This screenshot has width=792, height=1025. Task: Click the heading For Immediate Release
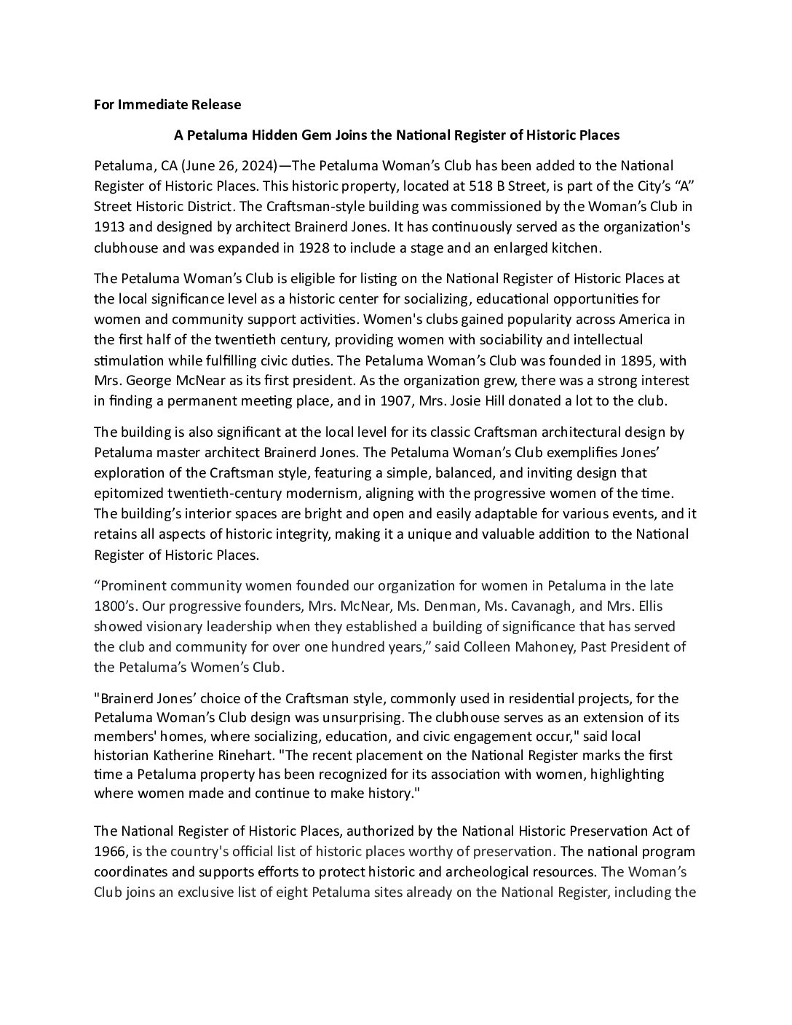tap(167, 104)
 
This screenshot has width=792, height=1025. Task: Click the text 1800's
tap(114, 606)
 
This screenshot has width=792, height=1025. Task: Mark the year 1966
tap(110, 851)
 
